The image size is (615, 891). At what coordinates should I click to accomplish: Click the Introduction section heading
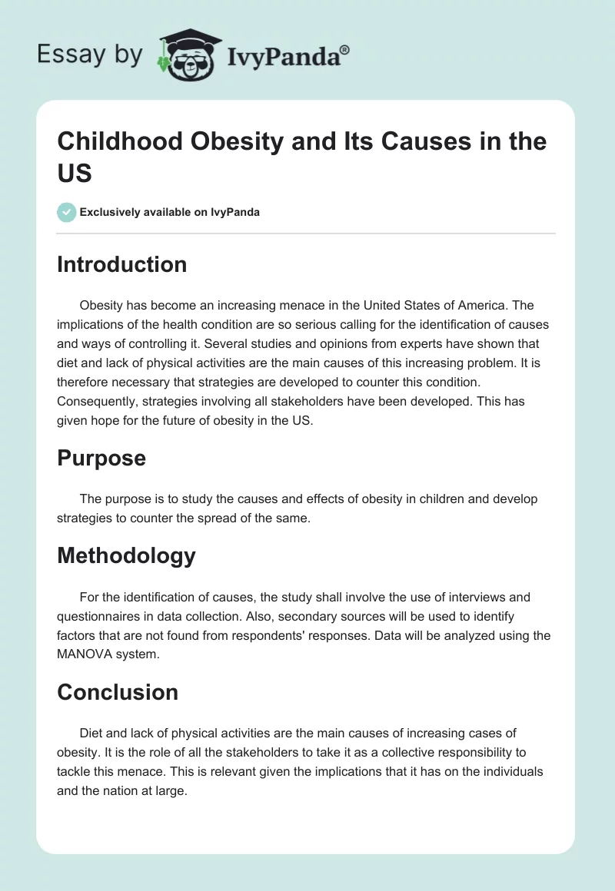click(121, 264)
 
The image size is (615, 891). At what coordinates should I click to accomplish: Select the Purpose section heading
click(101, 458)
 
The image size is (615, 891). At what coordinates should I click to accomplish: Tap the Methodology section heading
click(126, 555)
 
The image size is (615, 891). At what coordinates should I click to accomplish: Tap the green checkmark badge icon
click(67, 212)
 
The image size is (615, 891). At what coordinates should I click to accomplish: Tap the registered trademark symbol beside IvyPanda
click(345, 50)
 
